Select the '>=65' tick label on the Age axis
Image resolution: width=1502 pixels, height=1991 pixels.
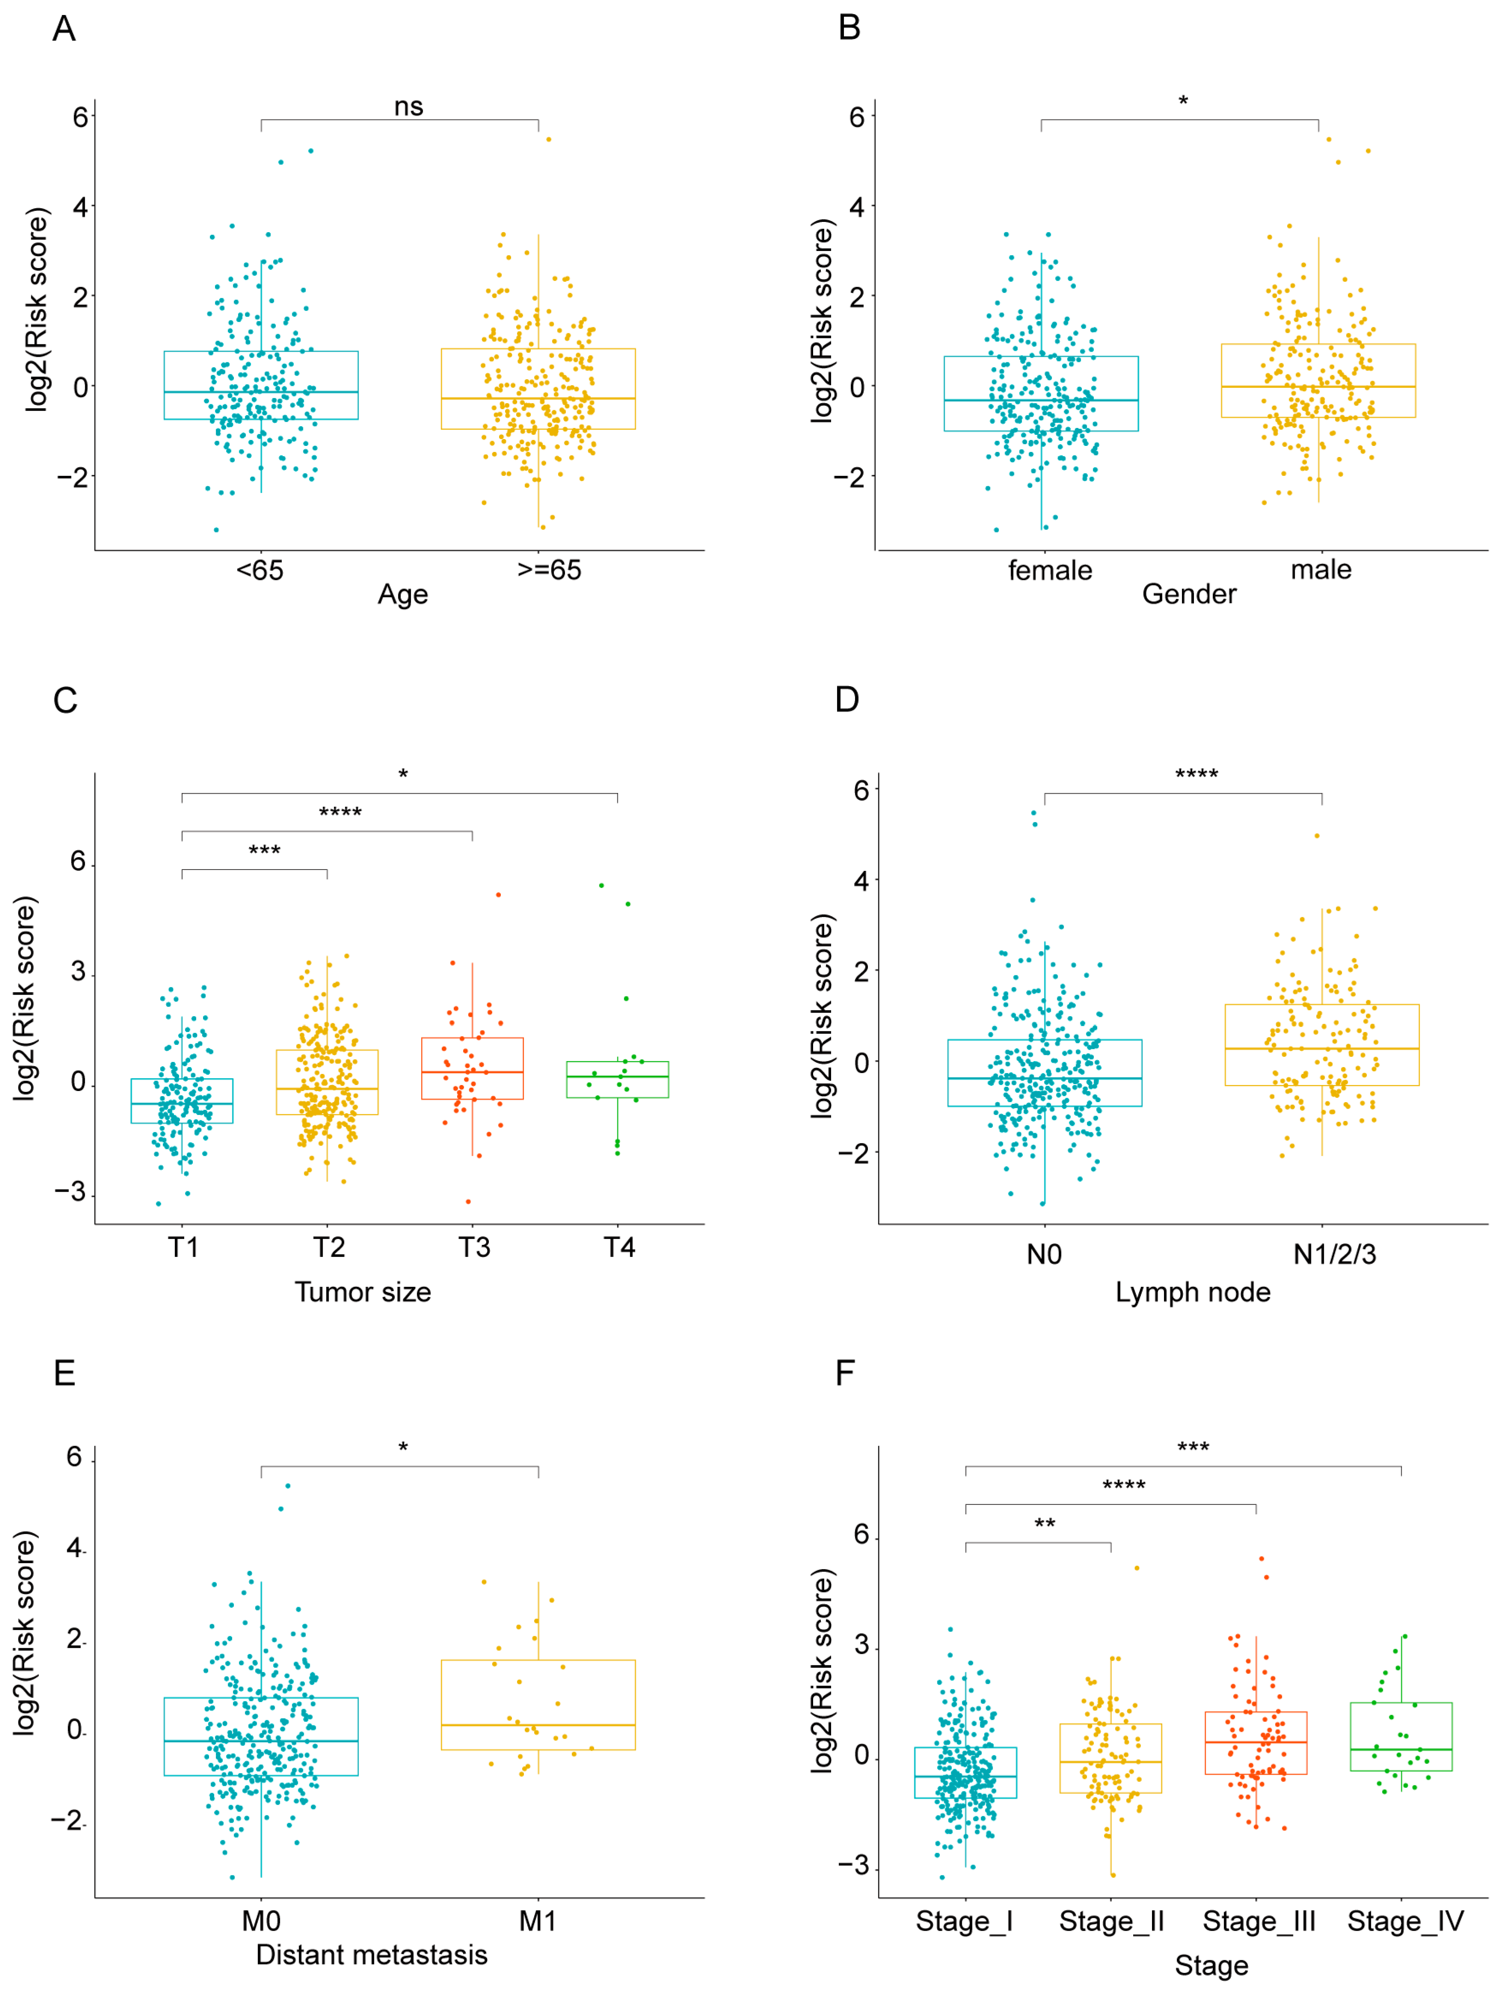coord(549,570)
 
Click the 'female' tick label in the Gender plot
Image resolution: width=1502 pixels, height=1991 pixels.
coord(1049,570)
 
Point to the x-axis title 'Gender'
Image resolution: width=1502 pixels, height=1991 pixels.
coord(1189,594)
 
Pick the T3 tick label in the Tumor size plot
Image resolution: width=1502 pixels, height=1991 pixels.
coord(474,1247)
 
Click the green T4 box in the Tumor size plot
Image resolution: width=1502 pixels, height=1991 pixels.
coord(617,1079)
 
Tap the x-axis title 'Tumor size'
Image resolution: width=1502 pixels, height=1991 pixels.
coord(363,1292)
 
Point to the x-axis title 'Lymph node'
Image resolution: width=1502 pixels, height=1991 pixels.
coord(1192,1292)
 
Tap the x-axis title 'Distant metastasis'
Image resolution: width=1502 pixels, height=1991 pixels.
coord(372,1955)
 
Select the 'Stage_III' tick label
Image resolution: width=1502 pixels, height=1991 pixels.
coord(1258,1922)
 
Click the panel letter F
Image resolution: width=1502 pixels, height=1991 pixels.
coord(844,1374)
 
